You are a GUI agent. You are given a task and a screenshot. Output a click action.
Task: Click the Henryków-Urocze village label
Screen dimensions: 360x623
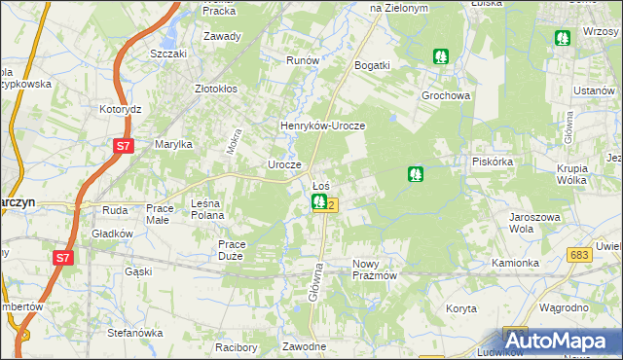[322, 126]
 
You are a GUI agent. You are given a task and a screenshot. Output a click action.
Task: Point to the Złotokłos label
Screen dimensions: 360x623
[216, 89]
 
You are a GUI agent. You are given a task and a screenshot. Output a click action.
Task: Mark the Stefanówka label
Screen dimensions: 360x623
[134, 333]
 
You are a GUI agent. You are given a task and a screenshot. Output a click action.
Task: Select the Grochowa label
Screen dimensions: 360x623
[446, 96]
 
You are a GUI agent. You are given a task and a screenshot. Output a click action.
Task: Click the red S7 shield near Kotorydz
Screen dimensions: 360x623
[122, 147]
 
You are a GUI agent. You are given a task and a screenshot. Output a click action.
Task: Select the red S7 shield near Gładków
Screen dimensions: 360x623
[62, 258]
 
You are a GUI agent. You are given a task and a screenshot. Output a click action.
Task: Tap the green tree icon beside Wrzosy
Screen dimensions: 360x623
[563, 38]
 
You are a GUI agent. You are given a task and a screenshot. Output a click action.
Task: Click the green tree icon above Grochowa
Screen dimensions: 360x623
[441, 56]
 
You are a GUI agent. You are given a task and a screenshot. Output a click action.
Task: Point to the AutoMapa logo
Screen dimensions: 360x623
[558, 342]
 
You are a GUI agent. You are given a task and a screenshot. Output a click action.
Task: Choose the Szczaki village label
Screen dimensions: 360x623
[168, 54]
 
